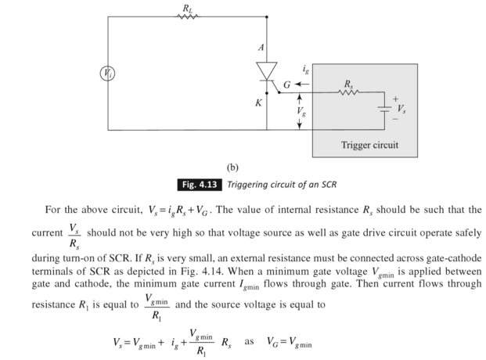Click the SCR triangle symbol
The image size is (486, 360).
point(267,72)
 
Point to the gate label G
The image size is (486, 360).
point(287,83)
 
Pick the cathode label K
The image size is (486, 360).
point(258,101)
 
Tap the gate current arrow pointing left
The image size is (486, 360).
point(304,83)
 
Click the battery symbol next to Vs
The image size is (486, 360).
point(383,110)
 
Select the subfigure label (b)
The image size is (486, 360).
point(232,167)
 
